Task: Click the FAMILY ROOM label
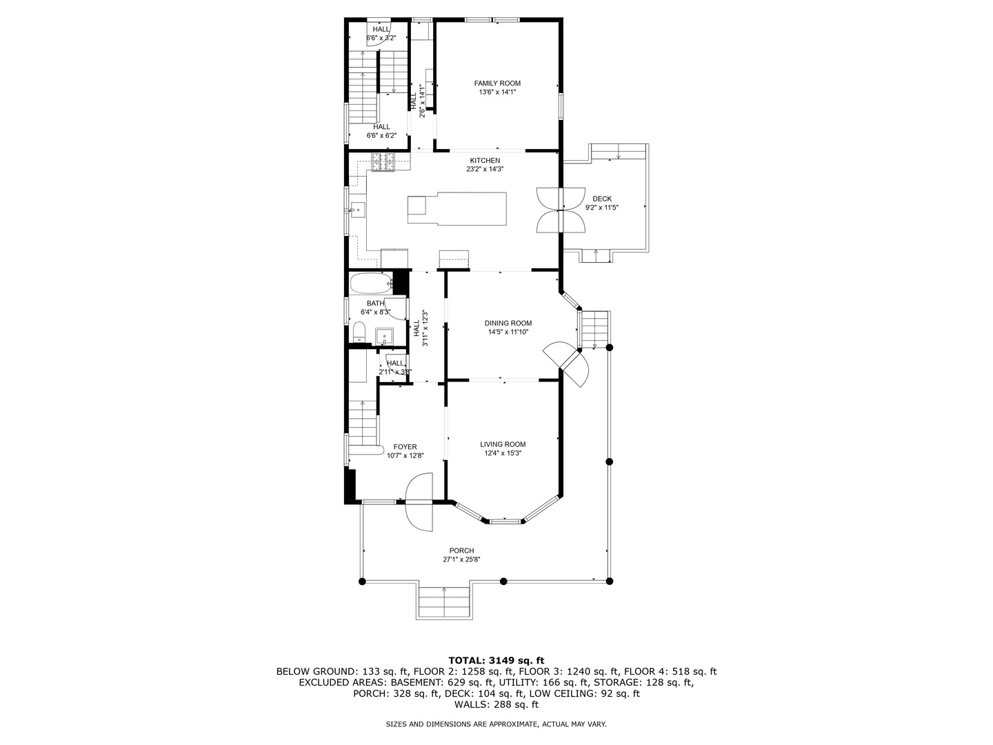point(497,83)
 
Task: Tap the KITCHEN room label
point(485,161)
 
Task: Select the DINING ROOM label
point(508,323)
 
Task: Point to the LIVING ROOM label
point(503,444)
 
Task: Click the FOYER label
point(405,447)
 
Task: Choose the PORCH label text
point(461,550)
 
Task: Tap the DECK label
point(602,199)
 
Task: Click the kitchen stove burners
point(383,162)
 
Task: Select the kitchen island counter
point(457,208)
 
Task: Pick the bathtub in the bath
point(371,283)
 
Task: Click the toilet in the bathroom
point(359,332)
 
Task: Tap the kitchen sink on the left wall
point(357,210)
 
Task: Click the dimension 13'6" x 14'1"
point(497,92)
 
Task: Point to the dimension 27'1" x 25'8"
point(461,559)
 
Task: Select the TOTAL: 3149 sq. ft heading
point(496,660)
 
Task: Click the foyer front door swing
point(419,501)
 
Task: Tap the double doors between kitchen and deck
point(560,210)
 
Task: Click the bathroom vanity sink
point(385,337)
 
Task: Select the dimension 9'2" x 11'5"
point(602,208)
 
